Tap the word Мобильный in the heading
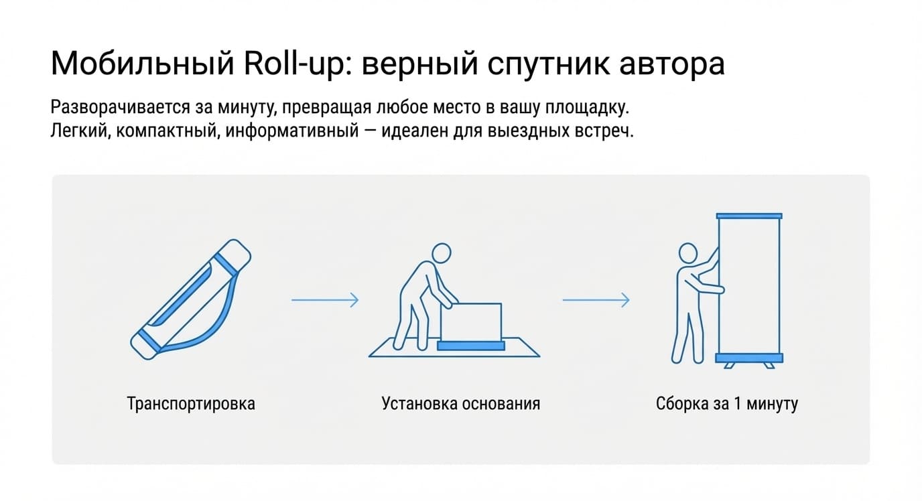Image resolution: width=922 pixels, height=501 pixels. [x=143, y=64]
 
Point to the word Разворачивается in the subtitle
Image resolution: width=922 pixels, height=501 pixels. [x=120, y=107]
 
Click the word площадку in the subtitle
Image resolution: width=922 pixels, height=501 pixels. [x=588, y=108]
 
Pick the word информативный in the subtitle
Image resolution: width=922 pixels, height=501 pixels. [x=292, y=131]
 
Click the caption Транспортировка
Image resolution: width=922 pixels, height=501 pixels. [x=191, y=403]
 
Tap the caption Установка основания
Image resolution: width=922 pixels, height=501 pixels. [x=460, y=403]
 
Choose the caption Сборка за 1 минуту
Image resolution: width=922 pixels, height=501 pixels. [x=726, y=403]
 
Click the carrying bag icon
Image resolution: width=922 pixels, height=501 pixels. [x=190, y=299]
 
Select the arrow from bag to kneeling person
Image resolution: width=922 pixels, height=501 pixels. [x=325, y=300]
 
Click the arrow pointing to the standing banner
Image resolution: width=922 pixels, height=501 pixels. [x=596, y=300]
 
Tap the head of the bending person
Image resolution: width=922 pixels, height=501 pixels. [x=442, y=253]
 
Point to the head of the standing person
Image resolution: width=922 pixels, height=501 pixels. [x=687, y=253]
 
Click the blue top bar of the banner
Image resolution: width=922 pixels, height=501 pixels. [x=749, y=216]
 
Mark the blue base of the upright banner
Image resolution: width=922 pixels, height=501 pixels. [x=749, y=358]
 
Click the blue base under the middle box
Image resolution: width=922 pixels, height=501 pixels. [x=471, y=346]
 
